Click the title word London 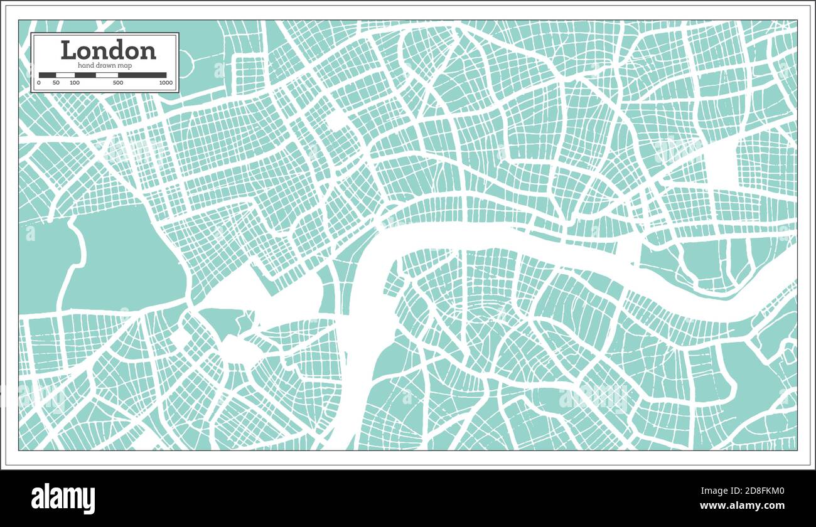(108, 50)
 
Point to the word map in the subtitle (128, 66)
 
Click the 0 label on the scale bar (39, 83)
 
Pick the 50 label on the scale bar (56, 83)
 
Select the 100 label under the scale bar (75, 83)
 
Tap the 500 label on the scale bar (118, 83)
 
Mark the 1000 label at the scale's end (166, 83)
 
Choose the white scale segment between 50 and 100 (65, 75)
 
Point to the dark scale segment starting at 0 (47, 75)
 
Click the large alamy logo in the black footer (63, 498)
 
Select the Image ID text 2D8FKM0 (753, 491)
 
